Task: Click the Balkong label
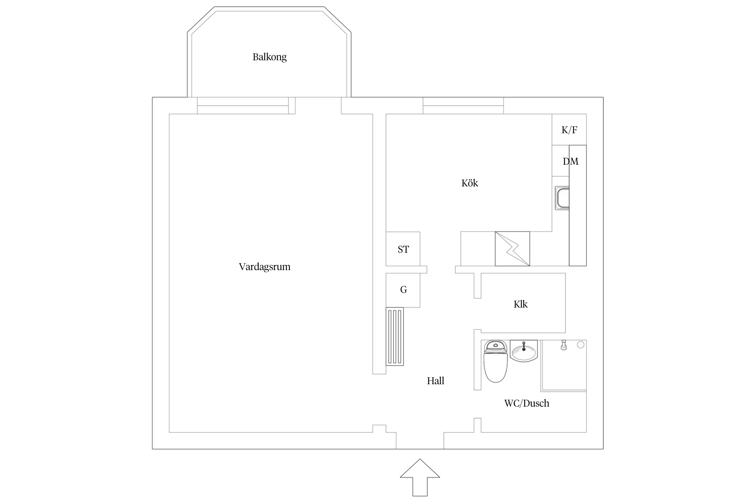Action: tap(269, 57)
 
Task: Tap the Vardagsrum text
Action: tap(264, 267)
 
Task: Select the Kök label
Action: tap(470, 183)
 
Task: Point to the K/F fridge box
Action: tap(569, 130)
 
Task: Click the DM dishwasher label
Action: tap(570, 161)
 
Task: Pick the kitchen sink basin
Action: tap(562, 198)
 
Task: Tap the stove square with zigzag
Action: tap(512, 249)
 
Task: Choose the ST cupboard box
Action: tap(403, 249)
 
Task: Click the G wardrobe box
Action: tap(403, 290)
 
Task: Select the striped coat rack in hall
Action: tap(395, 336)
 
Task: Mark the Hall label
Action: tap(435, 381)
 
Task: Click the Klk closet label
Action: tap(520, 304)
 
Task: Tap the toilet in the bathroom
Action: tap(496, 361)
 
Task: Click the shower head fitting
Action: tap(564, 345)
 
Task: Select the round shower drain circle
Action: tap(581, 344)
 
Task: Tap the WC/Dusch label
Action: tap(527, 403)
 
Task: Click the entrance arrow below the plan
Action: tap(420, 477)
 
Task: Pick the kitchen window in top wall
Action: tap(463, 106)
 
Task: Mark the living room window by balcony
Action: tap(243, 106)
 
